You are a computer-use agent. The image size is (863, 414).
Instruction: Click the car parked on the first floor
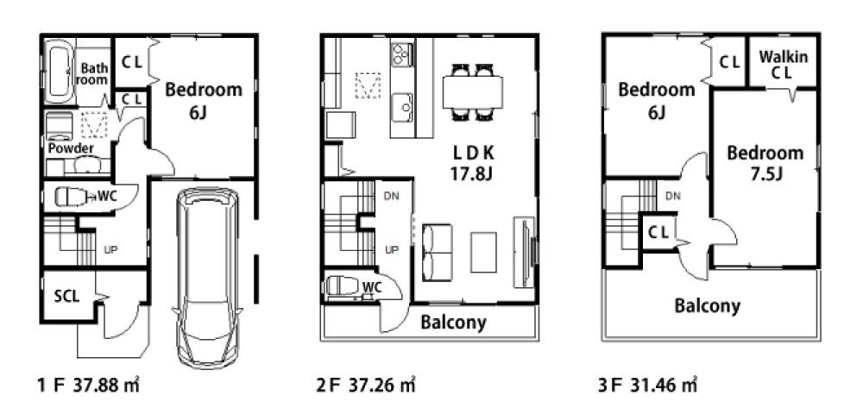[207, 278]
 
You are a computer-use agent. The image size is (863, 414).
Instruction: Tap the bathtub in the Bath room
[59, 71]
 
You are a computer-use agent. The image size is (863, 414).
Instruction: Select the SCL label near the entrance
[66, 297]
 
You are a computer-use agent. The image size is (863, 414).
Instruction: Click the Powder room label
[71, 148]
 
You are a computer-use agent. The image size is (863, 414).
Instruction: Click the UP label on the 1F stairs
[111, 249]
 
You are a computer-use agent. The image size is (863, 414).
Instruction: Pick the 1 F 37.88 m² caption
[88, 385]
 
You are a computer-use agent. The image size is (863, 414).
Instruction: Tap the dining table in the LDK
[473, 91]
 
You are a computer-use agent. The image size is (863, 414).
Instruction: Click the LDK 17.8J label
[472, 163]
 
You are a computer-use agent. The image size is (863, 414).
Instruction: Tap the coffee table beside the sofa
[484, 252]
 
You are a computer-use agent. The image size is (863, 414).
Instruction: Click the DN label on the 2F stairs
[391, 197]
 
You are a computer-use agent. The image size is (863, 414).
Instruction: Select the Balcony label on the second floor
[454, 323]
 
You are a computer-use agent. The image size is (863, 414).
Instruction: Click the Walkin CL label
[784, 64]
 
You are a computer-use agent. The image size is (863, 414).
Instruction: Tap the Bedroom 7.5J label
[765, 163]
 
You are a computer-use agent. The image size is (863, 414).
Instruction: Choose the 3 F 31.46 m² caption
[648, 385]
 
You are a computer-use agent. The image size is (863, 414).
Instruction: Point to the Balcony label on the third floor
[708, 305]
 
